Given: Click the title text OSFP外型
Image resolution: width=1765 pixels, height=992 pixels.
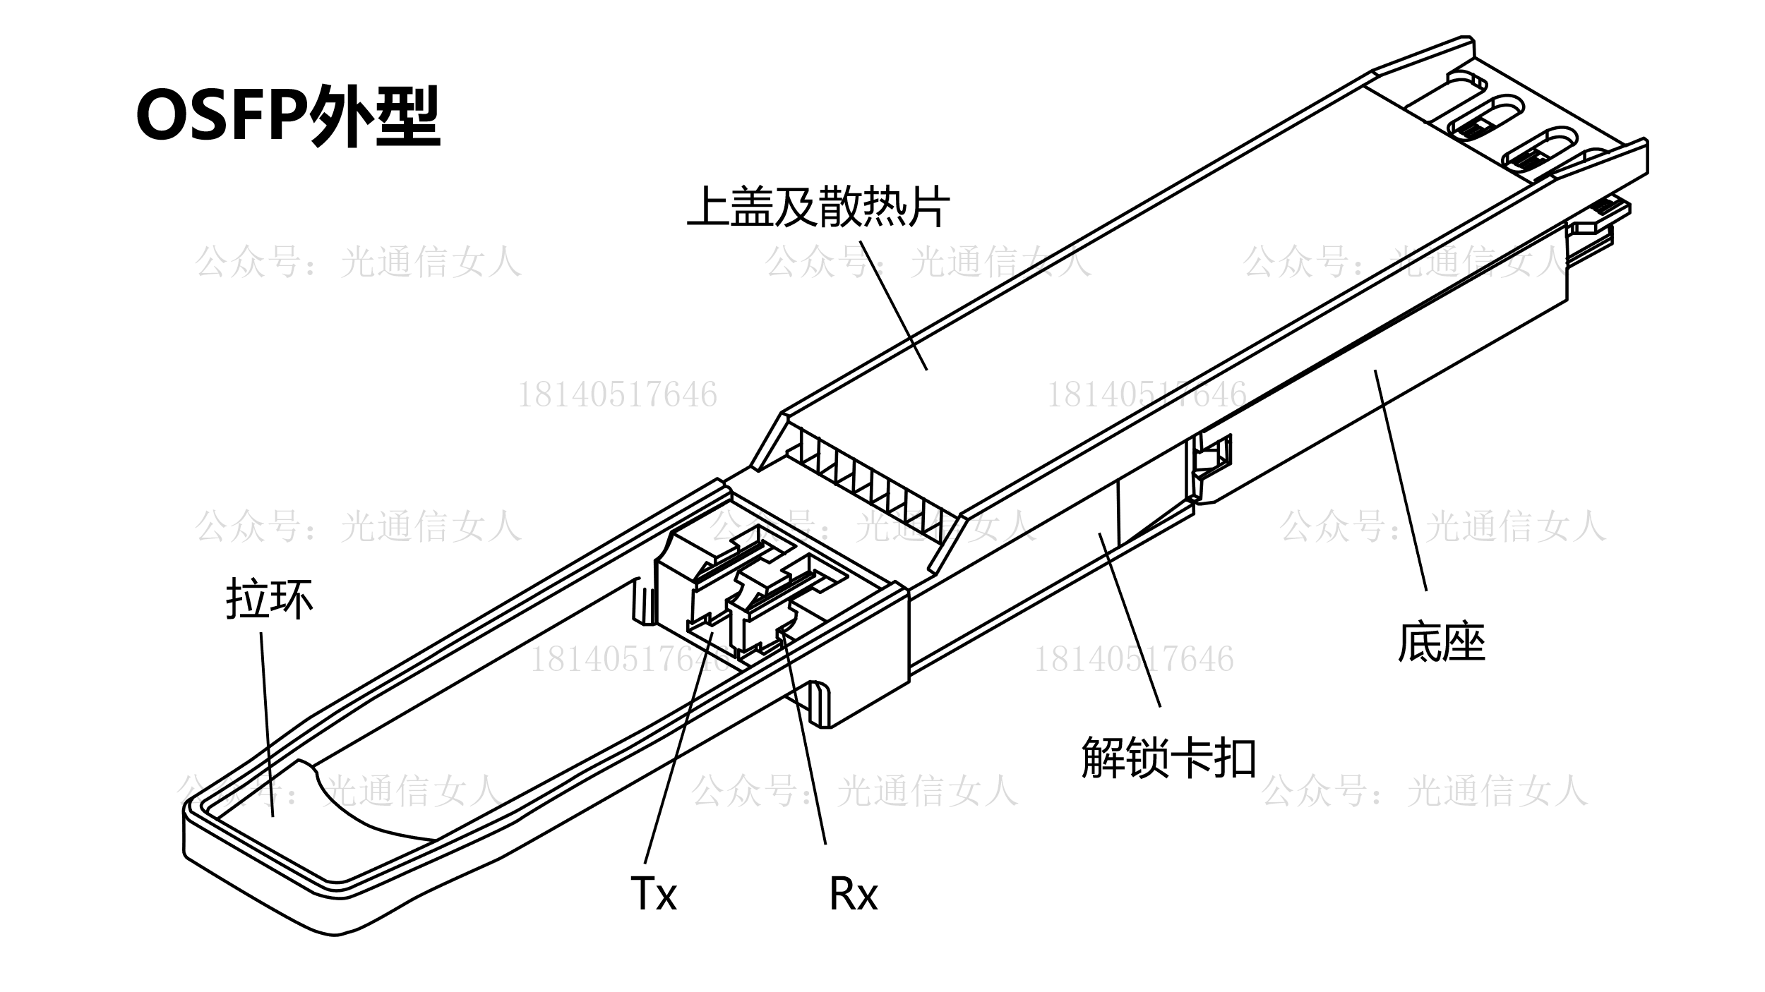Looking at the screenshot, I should click(288, 115).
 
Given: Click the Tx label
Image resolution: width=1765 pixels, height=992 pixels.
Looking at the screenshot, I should click(653, 895).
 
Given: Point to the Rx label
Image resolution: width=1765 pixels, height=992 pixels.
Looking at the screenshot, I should click(853, 895).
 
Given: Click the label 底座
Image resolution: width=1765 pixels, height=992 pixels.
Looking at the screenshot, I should click(1442, 642).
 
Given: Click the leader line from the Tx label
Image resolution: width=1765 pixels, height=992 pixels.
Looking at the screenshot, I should click(678, 748).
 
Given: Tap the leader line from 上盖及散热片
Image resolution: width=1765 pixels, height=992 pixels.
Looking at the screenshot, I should click(893, 303).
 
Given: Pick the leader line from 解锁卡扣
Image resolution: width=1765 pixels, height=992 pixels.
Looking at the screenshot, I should click(1130, 621).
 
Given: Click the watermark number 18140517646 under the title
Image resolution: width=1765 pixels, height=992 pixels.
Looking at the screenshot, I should click(618, 395).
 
